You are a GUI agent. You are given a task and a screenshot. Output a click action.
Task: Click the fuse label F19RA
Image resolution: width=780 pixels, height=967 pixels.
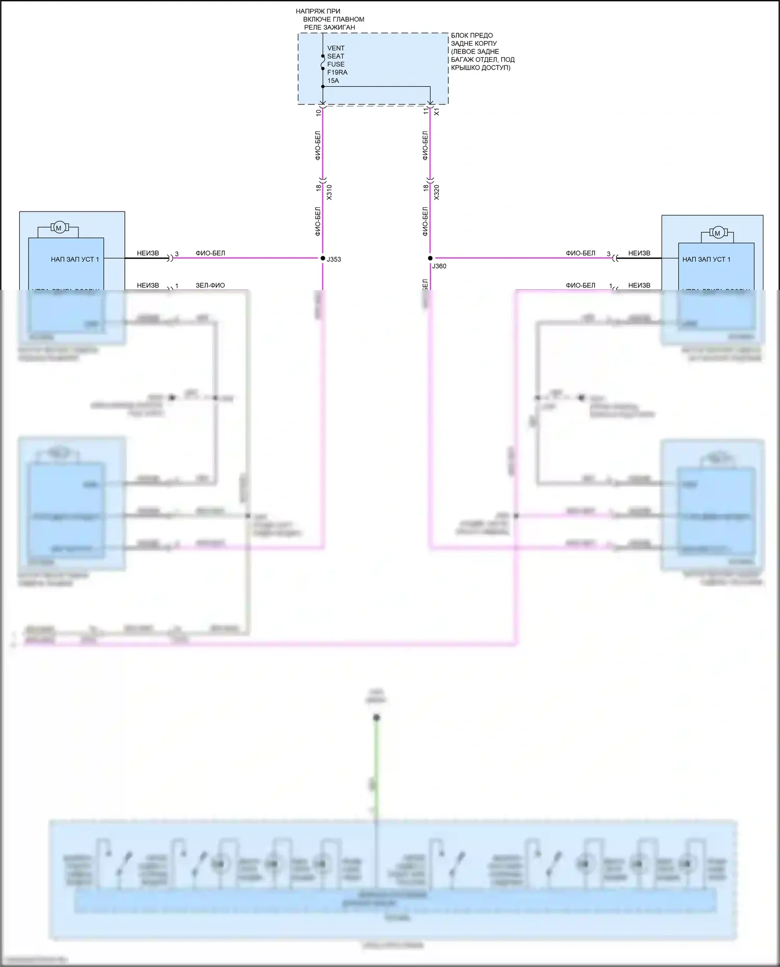(337, 72)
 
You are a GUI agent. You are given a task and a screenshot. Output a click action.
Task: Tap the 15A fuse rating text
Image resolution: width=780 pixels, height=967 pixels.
(333, 81)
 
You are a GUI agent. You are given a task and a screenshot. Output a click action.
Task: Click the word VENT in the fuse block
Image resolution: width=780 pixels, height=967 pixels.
(335, 48)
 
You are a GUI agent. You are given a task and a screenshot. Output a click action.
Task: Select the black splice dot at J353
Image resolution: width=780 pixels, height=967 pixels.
(322, 258)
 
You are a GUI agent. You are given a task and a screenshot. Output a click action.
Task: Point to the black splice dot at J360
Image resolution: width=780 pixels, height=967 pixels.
(430, 258)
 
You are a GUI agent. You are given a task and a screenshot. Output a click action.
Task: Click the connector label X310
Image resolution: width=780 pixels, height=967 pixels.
(329, 192)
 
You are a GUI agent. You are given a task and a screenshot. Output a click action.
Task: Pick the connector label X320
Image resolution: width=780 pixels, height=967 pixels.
(437, 192)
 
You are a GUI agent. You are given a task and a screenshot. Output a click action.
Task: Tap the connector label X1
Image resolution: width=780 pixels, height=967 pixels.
(437, 112)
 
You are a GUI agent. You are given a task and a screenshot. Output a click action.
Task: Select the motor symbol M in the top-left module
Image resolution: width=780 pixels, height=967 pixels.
(59, 228)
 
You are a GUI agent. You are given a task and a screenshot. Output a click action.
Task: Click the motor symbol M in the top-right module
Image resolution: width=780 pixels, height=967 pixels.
(718, 233)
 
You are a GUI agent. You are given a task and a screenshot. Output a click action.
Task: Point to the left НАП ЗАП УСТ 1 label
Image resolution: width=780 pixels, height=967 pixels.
(74, 259)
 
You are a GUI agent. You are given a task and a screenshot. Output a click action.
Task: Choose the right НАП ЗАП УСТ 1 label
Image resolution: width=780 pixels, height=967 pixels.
(706, 259)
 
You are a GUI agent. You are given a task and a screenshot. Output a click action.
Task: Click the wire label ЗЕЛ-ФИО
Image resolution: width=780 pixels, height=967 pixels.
(210, 285)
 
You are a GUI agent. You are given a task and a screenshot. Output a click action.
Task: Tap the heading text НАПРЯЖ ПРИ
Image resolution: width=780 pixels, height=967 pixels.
(318, 11)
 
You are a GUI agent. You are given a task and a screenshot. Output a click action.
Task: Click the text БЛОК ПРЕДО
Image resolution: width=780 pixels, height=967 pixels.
(472, 35)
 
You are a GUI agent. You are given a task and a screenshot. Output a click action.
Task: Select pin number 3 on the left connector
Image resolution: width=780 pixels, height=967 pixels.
(177, 254)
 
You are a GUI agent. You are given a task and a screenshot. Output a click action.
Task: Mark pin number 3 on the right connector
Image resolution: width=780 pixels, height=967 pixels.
(608, 254)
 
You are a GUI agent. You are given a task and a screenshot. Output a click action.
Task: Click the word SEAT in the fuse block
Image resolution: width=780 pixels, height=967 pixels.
(335, 56)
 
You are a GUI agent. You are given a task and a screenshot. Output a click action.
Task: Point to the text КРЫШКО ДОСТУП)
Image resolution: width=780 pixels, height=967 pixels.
(480, 68)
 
